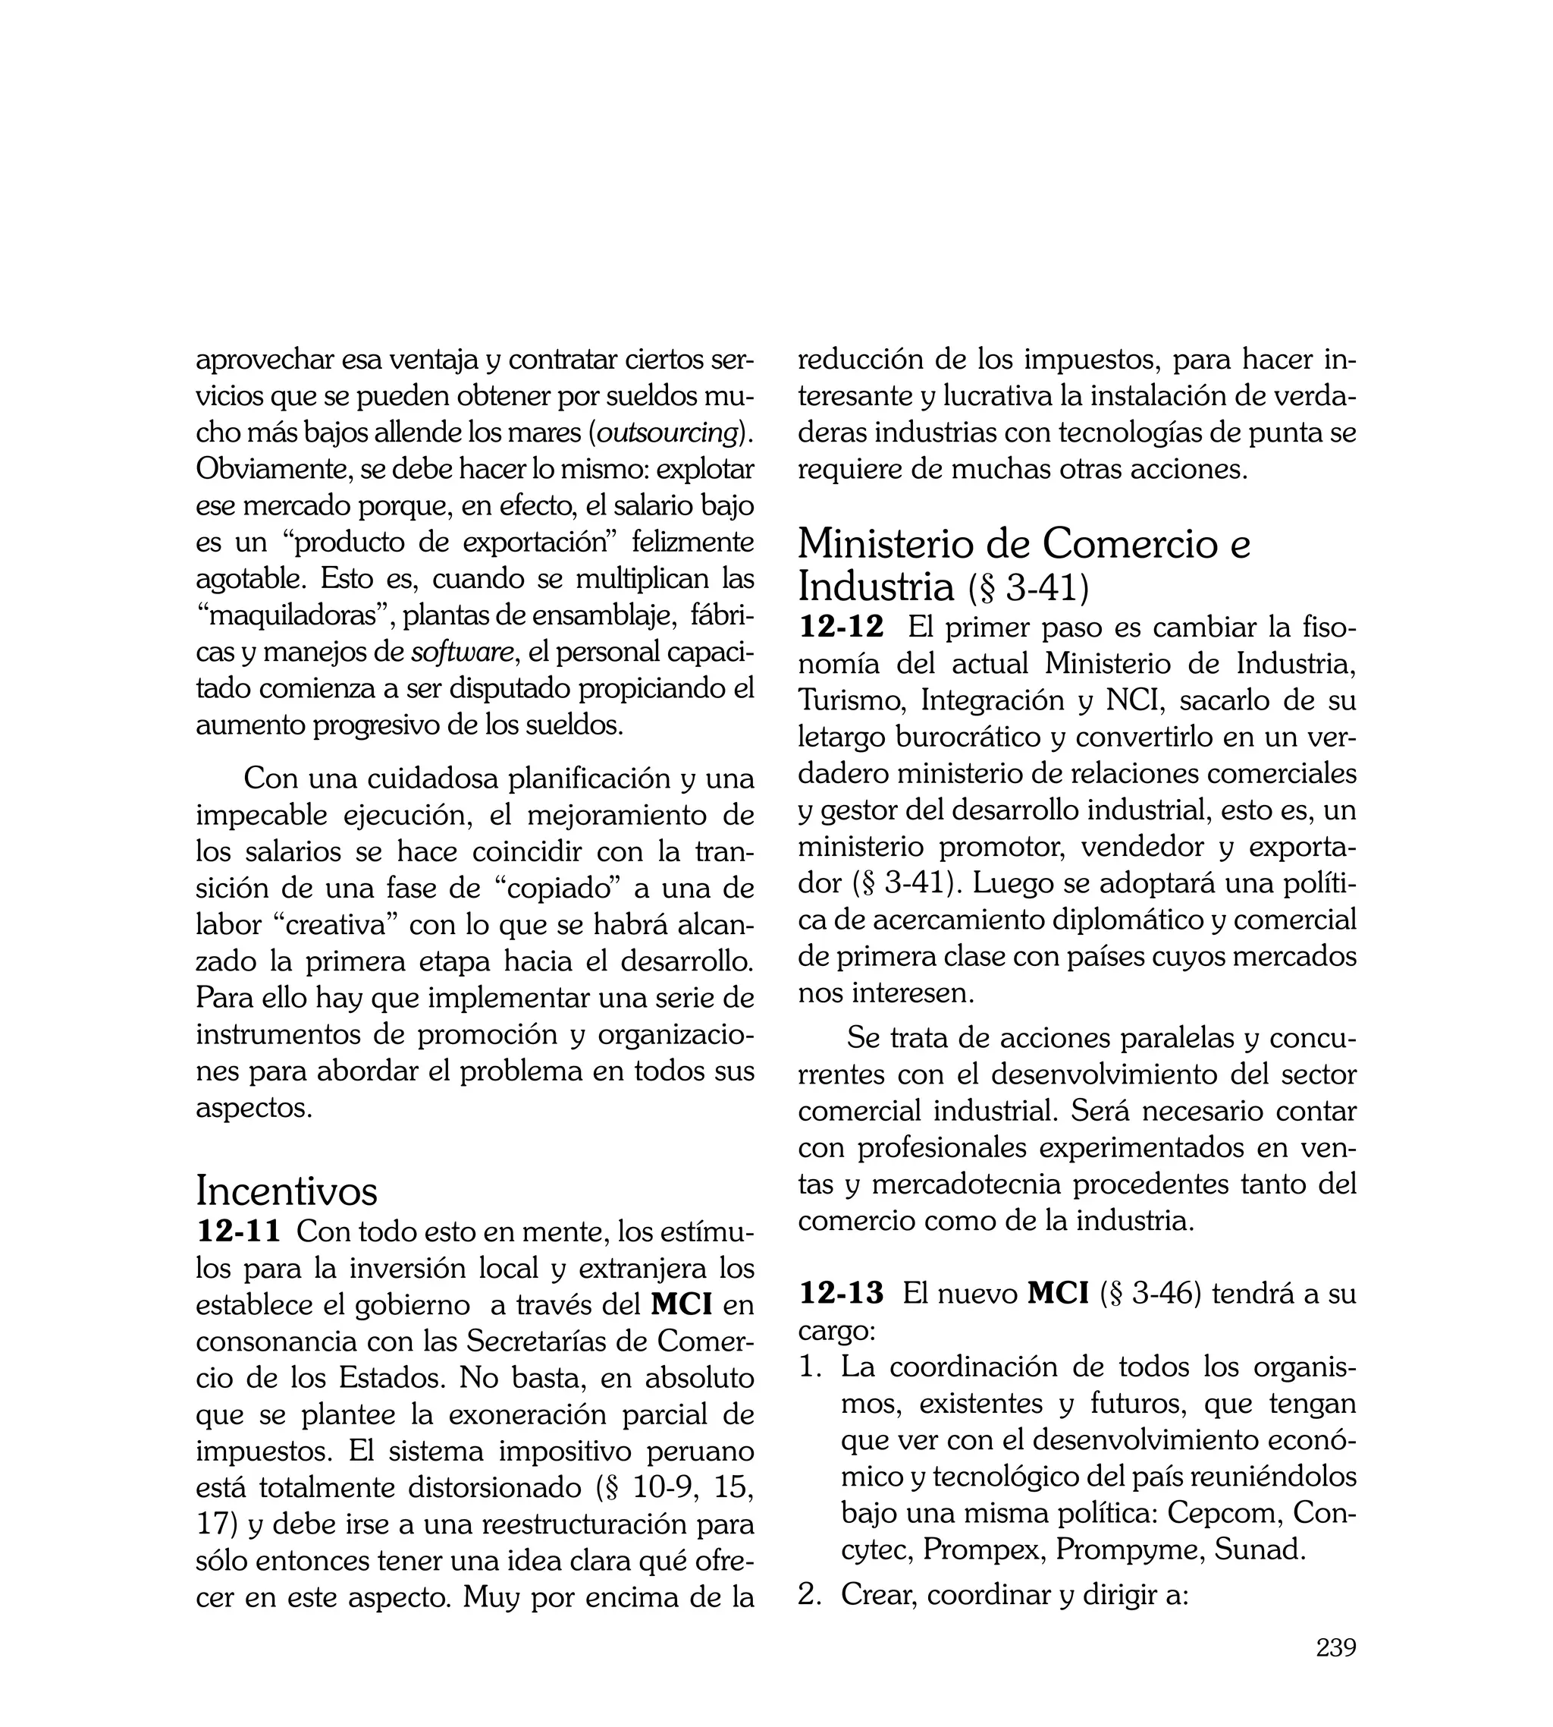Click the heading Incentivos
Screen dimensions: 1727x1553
[x=286, y=1190]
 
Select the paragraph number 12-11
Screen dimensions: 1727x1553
[x=238, y=1232]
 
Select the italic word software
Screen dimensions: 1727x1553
[x=463, y=653]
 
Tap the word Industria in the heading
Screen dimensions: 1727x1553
[x=876, y=587]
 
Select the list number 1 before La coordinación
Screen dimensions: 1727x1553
[x=808, y=1367]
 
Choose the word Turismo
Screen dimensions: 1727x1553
[x=852, y=701]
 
